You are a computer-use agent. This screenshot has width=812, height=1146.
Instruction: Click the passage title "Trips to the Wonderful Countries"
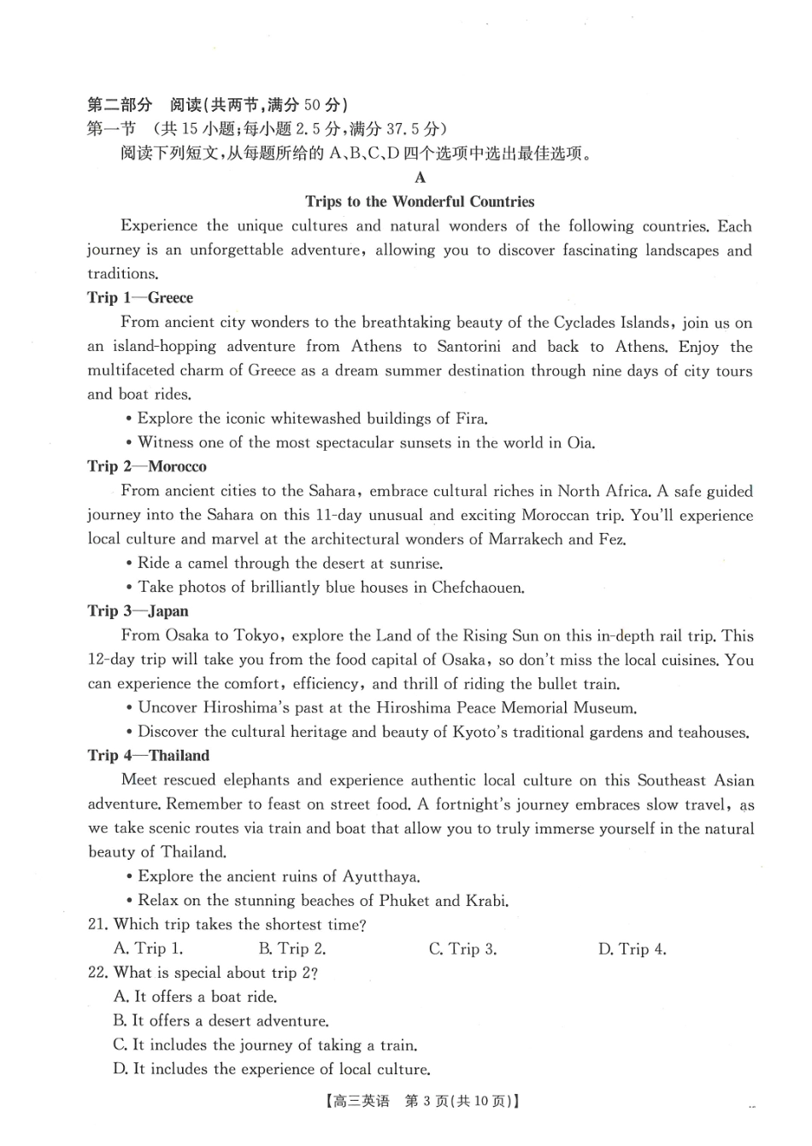point(420,202)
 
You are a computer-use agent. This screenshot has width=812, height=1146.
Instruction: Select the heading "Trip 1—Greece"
point(140,298)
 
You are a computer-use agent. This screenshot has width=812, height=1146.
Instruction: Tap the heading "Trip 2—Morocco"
point(147,467)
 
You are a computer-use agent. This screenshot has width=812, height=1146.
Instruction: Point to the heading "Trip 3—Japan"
point(138,611)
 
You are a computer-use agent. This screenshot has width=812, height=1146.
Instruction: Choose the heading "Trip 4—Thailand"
point(148,756)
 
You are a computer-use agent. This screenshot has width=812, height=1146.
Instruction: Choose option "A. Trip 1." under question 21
point(149,949)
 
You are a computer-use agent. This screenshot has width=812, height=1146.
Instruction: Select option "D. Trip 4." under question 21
point(632,949)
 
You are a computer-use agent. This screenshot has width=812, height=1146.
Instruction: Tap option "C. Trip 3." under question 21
point(462,949)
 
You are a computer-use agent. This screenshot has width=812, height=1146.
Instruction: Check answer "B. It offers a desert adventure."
point(221,1021)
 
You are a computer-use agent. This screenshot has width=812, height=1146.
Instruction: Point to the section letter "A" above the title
point(420,178)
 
